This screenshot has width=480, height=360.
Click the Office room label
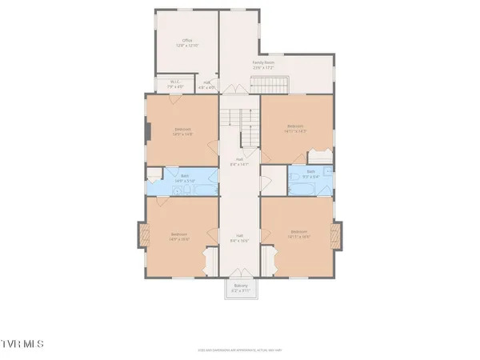pyautogui.click(x=187, y=40)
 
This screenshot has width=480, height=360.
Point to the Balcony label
pyautogui.click(x=241, y=286)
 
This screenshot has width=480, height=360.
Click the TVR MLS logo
pyautogui.click(x=23, y=344)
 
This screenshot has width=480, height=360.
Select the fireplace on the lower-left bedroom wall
pyautogui.click(x=145, y=235)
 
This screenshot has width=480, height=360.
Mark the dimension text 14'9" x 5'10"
pyautogui.click(x=186, y=182)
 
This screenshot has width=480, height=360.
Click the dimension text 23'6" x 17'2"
pyautogui.click(x=264, y=67)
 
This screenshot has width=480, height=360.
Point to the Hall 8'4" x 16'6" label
pyautogui.click(x=240, y=237)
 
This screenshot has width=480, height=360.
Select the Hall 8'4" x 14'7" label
pyautogui.click(x=240, y=161)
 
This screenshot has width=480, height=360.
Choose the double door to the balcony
pyautogui.click(x=241, y=278)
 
